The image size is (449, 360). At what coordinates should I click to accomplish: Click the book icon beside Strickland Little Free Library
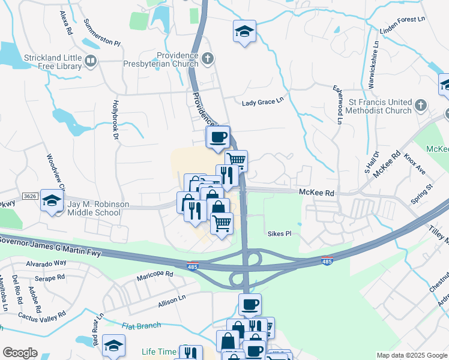click(91, 60)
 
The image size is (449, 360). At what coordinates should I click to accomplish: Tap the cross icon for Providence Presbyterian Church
click(208, 58)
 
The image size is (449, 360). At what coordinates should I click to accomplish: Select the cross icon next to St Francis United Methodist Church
click(420, 106)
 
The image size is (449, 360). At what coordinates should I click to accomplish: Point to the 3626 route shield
click(30, 196)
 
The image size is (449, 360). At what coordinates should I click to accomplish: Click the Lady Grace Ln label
click(262, 103)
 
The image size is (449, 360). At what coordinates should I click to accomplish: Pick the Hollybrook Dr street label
click(115, 120)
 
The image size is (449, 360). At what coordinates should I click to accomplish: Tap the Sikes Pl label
click(279, 233)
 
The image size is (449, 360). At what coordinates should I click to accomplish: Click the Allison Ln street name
click(172, 299)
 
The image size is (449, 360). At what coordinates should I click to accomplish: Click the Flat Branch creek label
click(141, 326)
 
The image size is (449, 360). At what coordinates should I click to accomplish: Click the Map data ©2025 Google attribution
click(411, 355)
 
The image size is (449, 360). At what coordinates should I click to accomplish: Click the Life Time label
click(160, 352)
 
